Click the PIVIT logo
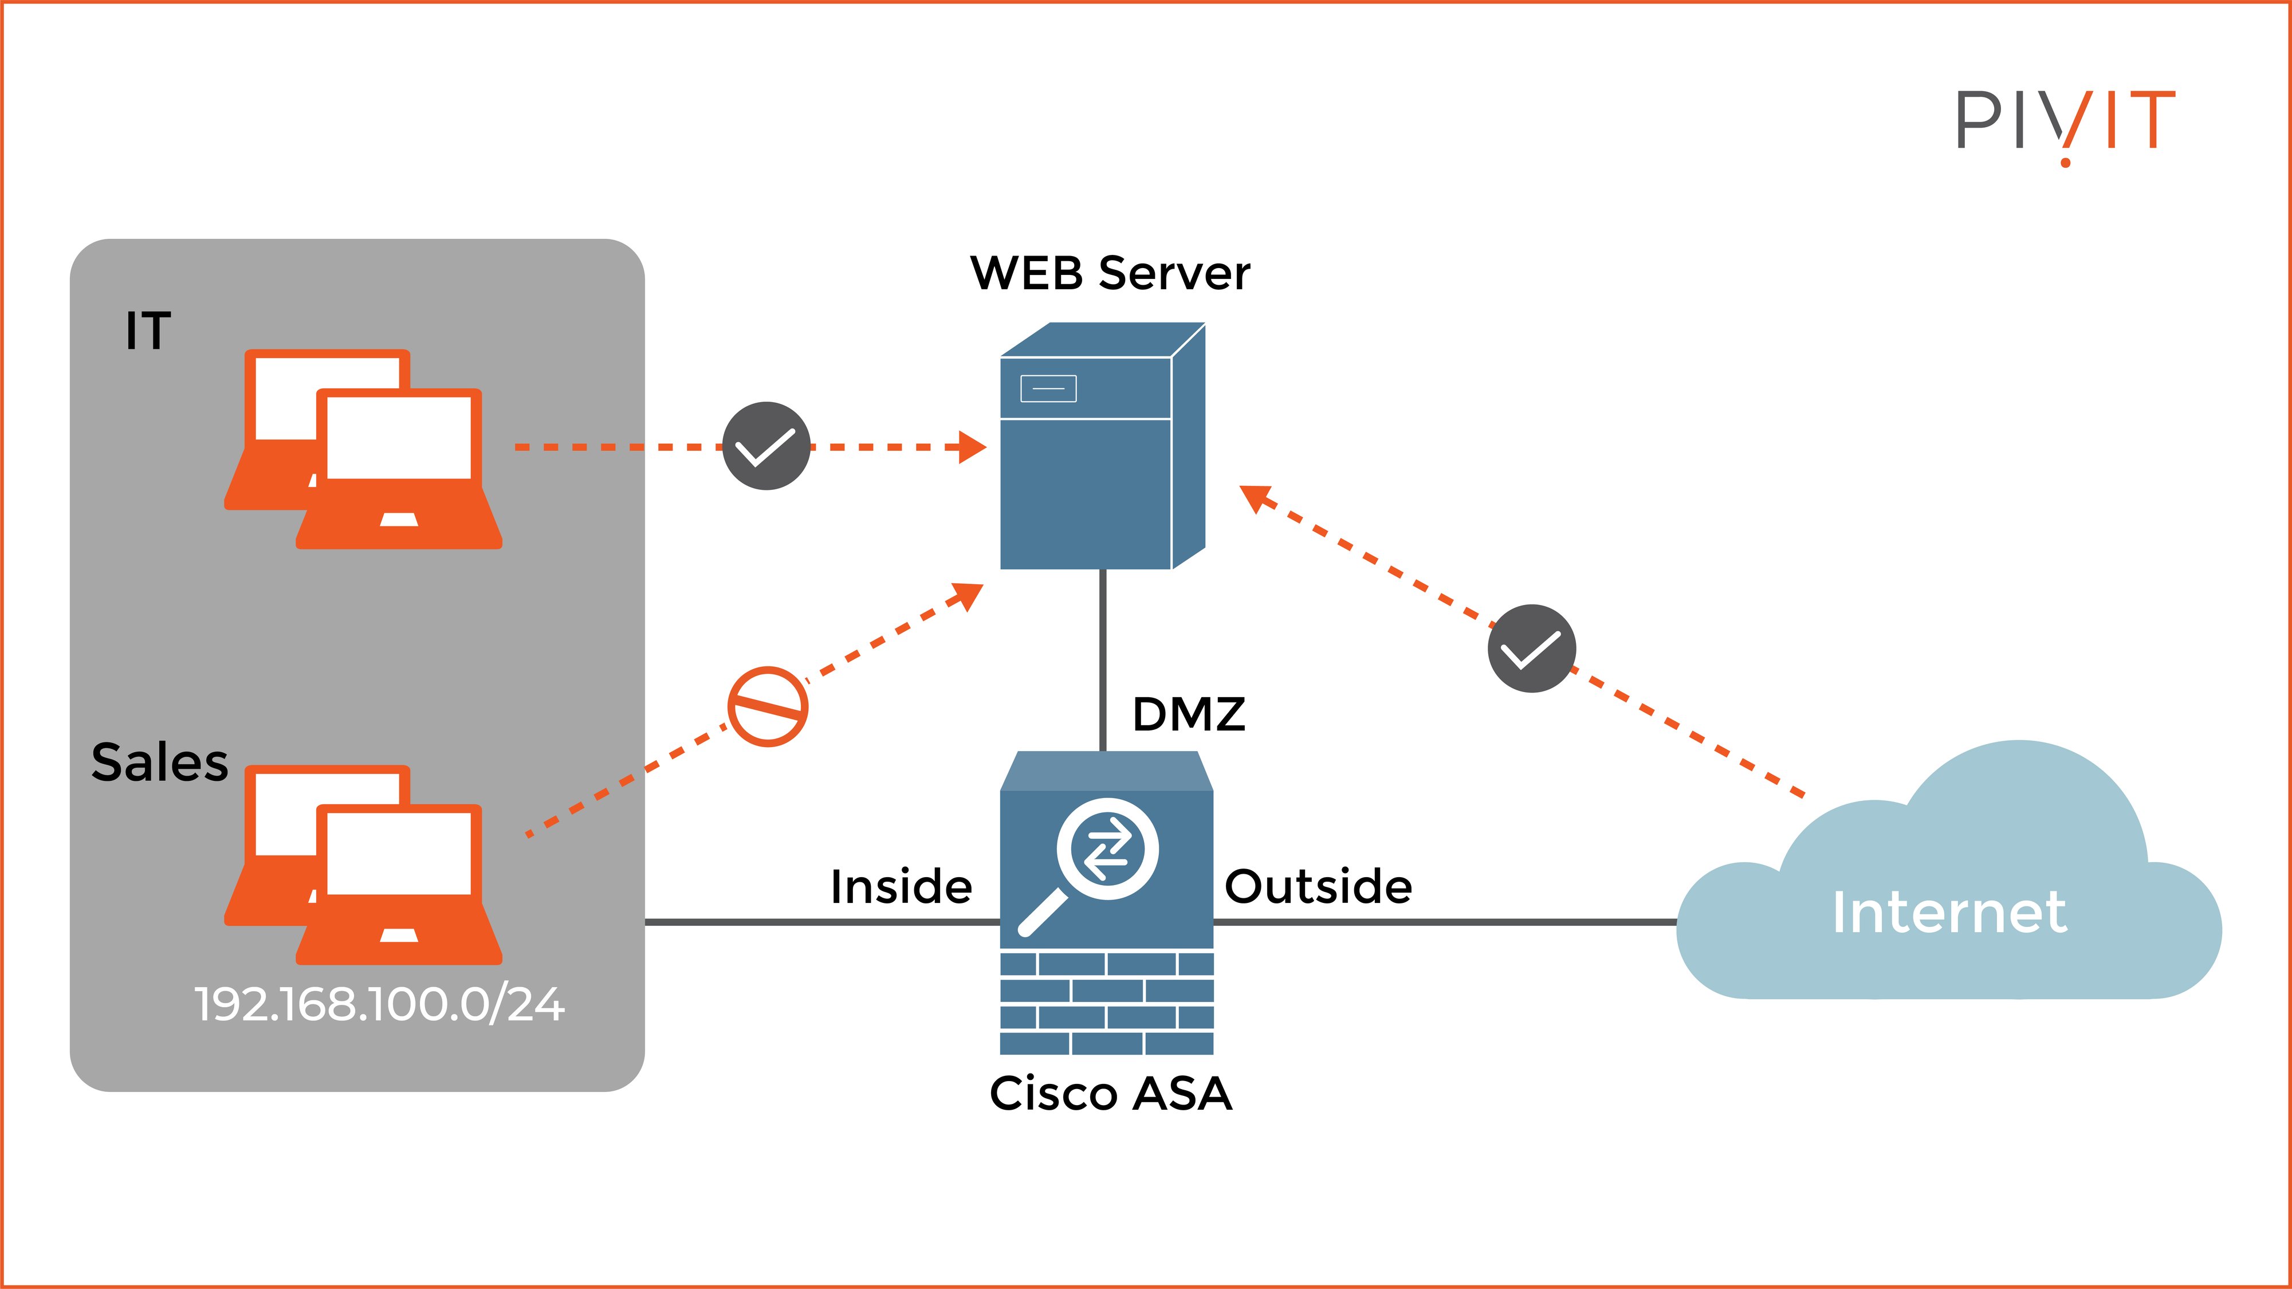coord(2064,124)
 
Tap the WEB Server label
coord(1110,273)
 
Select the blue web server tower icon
coord(1102,462)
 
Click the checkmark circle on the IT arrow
coord(766,446)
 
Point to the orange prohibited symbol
coord(767,706)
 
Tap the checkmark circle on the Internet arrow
coord(1531,649)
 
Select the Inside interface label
coord(901,887)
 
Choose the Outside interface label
coord(1318,887)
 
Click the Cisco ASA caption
coord(1110,1093)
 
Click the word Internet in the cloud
coord(1948,913)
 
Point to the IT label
coord(148,331)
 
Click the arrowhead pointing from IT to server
coord(973,447)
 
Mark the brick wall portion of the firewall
coord(1106,1003)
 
